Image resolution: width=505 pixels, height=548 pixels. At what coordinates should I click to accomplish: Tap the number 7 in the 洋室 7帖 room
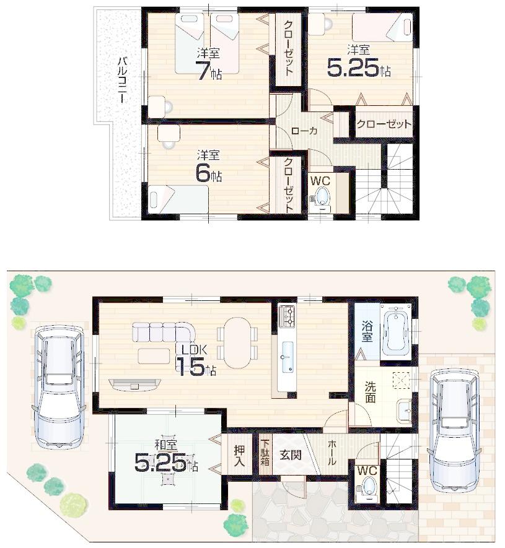coord(204,72)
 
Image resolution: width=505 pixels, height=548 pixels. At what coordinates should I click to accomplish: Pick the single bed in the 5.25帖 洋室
coord(382,27)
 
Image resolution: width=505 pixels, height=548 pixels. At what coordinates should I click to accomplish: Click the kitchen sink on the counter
coord(287,362)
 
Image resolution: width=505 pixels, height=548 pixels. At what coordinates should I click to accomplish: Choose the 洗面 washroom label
coord(369,392)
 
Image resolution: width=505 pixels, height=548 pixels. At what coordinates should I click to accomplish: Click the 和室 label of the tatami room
coord(164,444)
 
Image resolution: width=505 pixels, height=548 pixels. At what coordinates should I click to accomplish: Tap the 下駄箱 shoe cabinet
coord(265,453)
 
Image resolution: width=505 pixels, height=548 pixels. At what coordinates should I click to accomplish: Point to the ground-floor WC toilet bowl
coord(369,486)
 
